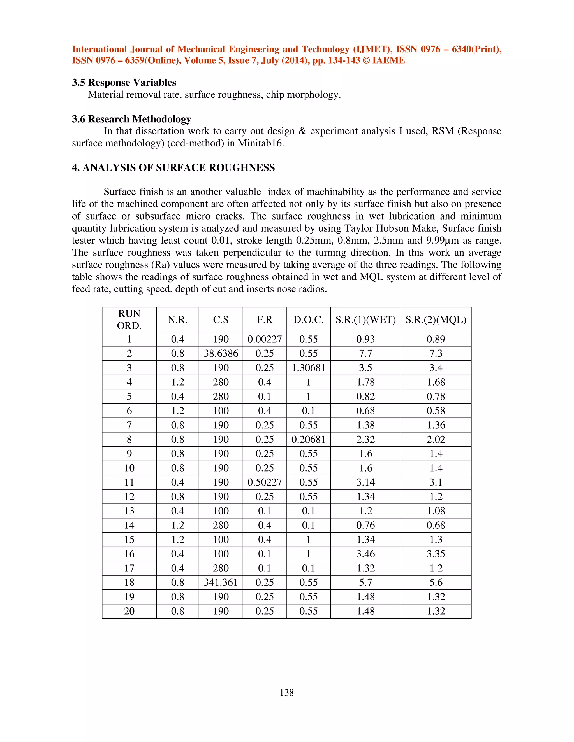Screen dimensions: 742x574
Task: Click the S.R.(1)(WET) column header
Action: tap(365, 320)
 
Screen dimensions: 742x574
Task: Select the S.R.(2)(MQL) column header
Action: tap(436, 320)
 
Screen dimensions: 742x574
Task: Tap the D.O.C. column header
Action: tap(308, 320)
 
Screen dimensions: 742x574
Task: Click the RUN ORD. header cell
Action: tap(129, 319)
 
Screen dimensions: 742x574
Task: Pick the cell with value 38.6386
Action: tap(221, 353)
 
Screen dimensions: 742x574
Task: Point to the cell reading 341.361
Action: tap(221, 582)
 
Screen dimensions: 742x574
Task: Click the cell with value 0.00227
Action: tap(265, 339)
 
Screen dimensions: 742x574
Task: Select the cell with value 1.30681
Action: tap(308, 368)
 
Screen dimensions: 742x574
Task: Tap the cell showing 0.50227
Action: tap(265, 482)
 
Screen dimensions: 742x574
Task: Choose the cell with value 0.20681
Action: tap(308, 439)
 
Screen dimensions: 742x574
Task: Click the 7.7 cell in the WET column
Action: tap(365, 353)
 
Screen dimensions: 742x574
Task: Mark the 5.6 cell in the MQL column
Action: tap(436, 582)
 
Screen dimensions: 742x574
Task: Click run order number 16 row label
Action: tap(129, 554)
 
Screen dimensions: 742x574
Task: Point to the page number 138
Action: tap(287, 692)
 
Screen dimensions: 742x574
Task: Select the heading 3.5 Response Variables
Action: tap(124, 83)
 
